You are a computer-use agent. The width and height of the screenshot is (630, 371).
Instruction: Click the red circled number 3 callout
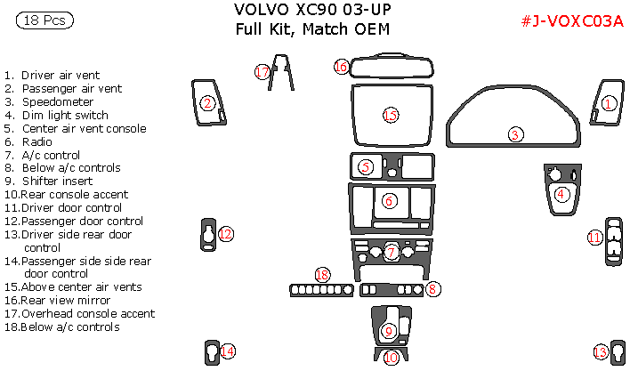click(x=515, y=135)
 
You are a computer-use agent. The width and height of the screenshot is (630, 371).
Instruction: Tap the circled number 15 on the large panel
click(x=389, y=115)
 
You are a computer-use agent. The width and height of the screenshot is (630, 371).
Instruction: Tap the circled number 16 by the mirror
click(x=342, y=67)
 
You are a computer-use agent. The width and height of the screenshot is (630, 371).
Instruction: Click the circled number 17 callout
click(x=262, y=72)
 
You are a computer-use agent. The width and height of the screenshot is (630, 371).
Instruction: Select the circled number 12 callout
click(x=226, y=234)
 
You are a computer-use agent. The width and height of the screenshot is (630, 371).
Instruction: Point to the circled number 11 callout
click(x=594, y=237)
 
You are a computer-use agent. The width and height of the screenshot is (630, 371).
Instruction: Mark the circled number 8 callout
click(x=432, y=288)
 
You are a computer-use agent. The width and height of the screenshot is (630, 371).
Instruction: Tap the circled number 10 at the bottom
click(x=392, y=358)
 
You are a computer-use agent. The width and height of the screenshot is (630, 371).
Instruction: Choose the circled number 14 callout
click(x=229, y=351)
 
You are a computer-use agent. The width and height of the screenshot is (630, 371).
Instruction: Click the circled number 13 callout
click(x=601, y=353)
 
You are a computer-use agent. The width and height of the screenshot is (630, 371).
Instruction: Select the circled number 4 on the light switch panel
click(x=561, y=194)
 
